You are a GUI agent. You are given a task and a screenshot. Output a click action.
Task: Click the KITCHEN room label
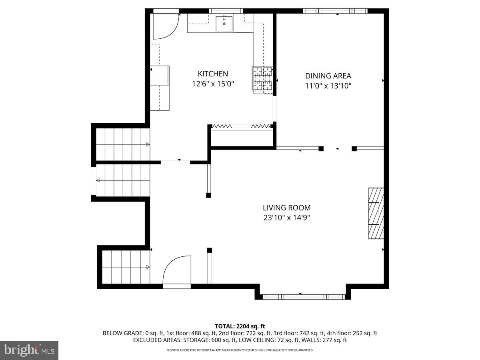click(x=213, y=74)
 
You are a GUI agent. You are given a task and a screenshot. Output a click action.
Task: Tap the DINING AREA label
click(x=328, y=76)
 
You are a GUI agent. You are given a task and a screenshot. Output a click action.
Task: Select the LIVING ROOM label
click(x=287, y=208)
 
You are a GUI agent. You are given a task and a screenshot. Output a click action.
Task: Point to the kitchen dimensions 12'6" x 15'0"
click(x=213, y=84)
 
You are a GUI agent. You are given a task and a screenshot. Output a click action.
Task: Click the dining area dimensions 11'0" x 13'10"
click(x=328, y=86)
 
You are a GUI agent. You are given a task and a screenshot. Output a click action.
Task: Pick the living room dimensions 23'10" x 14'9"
click(x=287, y=218)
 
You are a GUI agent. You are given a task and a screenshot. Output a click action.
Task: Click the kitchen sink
click(x=224, y=23)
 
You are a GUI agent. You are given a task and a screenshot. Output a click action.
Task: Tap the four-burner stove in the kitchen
click(x=262, y=79)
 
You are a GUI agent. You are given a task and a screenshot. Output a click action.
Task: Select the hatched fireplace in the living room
click(x=376, y=213)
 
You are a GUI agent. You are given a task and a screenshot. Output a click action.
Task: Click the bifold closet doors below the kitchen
click(x=242, y=126)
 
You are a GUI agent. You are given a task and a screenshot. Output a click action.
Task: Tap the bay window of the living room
click(x=304, y=297)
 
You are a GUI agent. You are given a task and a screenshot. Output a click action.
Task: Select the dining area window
click(x=335, y=11)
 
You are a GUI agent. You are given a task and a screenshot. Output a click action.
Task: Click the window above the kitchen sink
click(x=226, y=11)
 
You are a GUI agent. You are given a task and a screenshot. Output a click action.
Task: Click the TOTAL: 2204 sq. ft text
click(x=240, y=326)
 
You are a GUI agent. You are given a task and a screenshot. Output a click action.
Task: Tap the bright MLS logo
click(x=29, y=350)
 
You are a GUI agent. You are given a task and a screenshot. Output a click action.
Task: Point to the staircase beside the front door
click(x=126, y=267)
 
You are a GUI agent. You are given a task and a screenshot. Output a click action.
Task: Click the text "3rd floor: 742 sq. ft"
click(x=299, y=333)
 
